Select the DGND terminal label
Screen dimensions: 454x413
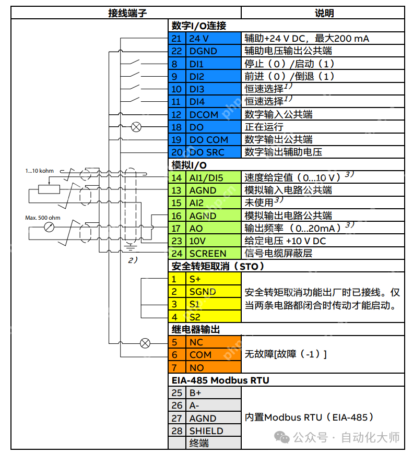click(203, 51)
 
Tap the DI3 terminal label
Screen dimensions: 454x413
click(197, 89)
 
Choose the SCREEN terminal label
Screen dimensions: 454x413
click(208, 254)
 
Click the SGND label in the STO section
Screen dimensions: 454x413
click(203, 292)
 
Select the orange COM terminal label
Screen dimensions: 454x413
click(200, 355)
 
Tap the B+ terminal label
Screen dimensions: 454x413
click(195, 392)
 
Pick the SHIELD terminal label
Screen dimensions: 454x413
click(206, 431)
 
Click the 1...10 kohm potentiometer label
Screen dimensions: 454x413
click(40, 171)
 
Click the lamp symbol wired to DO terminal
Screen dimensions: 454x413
click(136, 127)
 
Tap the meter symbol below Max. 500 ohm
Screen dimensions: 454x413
click(50, 227)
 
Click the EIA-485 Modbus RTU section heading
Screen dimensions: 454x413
click(220, 380)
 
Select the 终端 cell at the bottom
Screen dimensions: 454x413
click(199, 443)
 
